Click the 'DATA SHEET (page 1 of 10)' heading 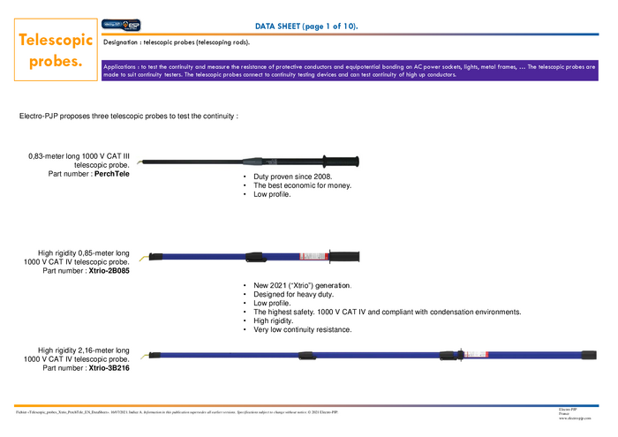(x=306, y=26)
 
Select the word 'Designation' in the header (x=124, y=42)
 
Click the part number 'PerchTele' (x=112, y=174)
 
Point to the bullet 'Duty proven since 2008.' (x=292, y=177)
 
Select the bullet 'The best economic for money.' (x=302, y=185)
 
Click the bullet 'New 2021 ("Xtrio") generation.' (x=303, y=286)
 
